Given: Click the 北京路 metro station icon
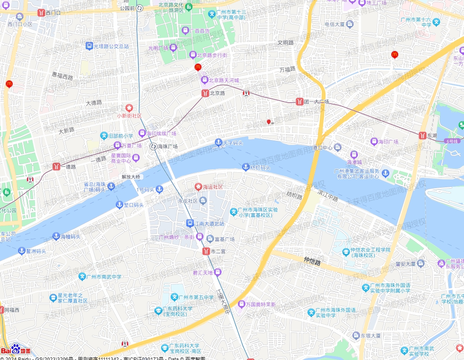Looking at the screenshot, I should point(205,93).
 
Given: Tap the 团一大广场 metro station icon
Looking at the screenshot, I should point(300,101).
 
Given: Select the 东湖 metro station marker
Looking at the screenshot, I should point(422,135).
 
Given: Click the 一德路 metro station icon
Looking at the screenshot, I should point(56,166).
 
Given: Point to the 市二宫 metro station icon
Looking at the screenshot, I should point(206,251).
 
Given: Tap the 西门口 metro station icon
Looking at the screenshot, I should point(41,13).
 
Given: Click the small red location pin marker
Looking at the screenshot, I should point(269,122).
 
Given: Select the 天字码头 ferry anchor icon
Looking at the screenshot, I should point(218,142).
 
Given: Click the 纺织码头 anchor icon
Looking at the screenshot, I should point(246,167).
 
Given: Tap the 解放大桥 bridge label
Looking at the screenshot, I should point(131,177).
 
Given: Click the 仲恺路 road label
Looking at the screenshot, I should point(312,262).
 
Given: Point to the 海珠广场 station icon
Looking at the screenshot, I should point(153,146).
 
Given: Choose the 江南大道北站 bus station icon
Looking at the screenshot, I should point(190,223).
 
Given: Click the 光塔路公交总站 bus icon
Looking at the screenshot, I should point(89,46).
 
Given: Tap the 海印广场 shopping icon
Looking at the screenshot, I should point(373,142).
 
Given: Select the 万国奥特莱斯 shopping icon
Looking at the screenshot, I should point(241,304).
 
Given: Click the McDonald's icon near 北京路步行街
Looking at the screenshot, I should point(198,67).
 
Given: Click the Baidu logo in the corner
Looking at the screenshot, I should point(16,350).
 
